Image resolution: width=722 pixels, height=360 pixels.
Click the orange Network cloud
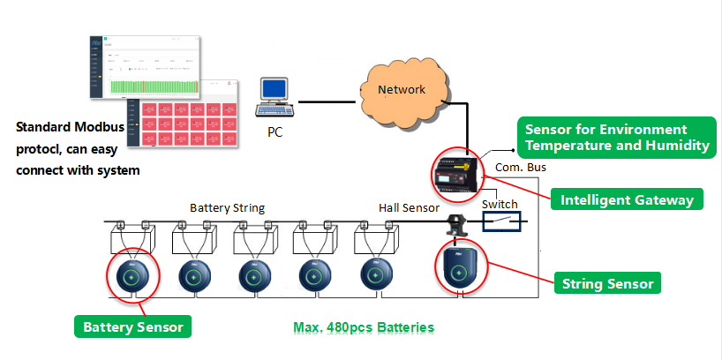click(x=402, y=91)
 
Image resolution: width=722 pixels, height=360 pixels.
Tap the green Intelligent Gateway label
click(x=627, y=200)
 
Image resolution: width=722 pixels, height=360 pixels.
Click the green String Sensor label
click(x=607, y=284)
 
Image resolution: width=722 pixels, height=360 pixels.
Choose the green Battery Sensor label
click(x=132, y=327)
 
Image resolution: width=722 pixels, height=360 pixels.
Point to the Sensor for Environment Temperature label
click(x=617, y=138)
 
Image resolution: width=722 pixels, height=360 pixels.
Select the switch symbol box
click(x=500, y=221)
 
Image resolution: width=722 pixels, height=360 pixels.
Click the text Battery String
click(x=227, y=207)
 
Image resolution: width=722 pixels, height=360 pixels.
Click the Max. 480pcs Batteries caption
click(x=364, y=327)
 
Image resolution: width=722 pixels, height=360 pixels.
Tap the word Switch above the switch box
click(x=500, y=204)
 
